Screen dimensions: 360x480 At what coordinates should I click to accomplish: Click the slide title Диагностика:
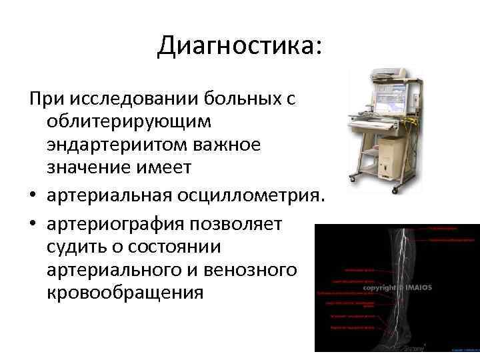[x=239, y=45]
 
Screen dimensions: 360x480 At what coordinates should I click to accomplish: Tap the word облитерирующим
[x=129, y=122]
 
